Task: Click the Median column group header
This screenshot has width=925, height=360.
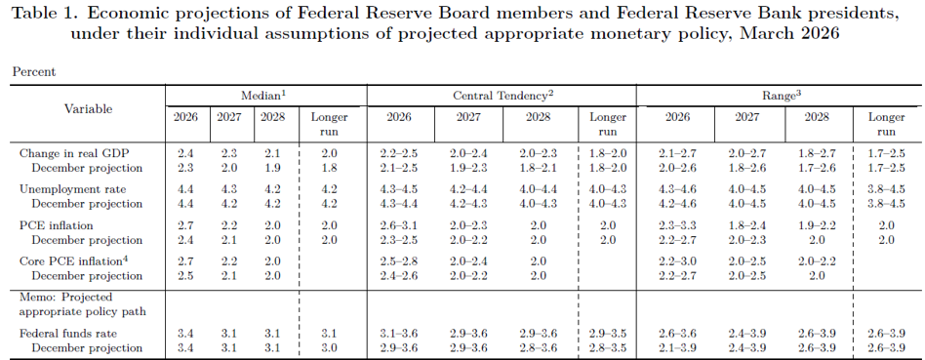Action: (x=263, y=95)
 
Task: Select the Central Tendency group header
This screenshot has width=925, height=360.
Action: (x=503, y=95)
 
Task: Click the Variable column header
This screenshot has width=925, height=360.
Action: (x=89, y=109)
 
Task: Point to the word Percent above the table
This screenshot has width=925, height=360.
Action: (x=34, y=72)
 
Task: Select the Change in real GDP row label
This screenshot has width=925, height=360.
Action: (x=74, y=154)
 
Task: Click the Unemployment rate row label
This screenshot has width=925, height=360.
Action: (x=72, y=189)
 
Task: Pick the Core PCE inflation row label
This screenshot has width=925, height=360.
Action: (x=74, y=260)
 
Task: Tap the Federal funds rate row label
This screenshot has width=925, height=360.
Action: (x=72, y=334)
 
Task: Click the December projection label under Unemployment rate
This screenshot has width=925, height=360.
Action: (x=87, y=204)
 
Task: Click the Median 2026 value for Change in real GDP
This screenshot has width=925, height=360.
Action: (x=185, y=154)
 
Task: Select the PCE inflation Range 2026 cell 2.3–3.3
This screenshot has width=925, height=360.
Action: (x=678, y=225)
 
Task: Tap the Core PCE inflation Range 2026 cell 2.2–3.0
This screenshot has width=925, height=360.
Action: (x=678, y=260)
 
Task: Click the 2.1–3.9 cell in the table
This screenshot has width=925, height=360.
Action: (x=678, y=348)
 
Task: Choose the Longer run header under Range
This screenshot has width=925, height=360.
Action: (x=886, y=124)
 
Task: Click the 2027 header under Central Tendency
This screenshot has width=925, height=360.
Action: (x=468, y=117)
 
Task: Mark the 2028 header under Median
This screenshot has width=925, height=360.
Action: (x=272, y=117)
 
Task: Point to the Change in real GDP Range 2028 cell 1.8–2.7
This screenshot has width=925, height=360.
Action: (x=817, y=154)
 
